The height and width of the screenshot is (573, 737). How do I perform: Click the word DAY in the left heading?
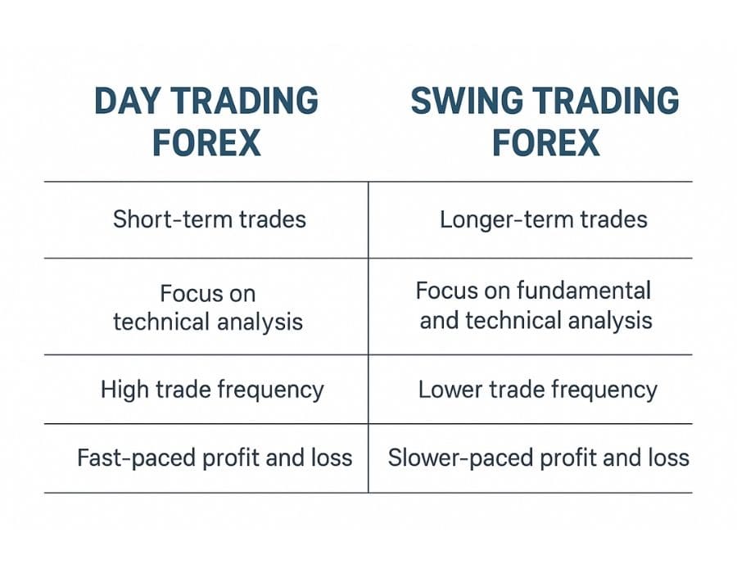point(125,101)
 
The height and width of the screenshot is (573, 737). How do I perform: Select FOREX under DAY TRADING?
point(207,142)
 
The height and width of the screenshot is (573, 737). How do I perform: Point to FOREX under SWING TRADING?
point(545,142)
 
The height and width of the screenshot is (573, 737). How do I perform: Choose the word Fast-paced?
point(136,458)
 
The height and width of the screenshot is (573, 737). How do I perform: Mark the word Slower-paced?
point(460,458)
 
